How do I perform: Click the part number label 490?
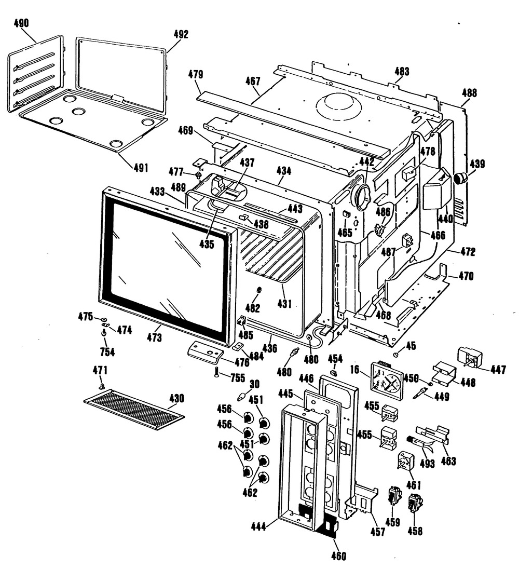pyautogui.click(x=21, y=23)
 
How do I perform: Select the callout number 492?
pyautogui.click(x=181, y=34)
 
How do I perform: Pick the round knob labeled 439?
pyautogui.click(x=461, y=179)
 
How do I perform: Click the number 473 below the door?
pyautogui.click(x=154, y=338)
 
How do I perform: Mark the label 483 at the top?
pyautogui.click(x=402, y=71)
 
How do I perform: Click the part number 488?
pyautogui.click(x=469, y=93)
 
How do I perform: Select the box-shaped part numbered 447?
pyautogui.click(x=470, y=358)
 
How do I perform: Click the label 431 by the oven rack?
pyautogui.click(x=284, y=304)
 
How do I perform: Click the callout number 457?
pyautogui.click(x=377, y=532)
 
